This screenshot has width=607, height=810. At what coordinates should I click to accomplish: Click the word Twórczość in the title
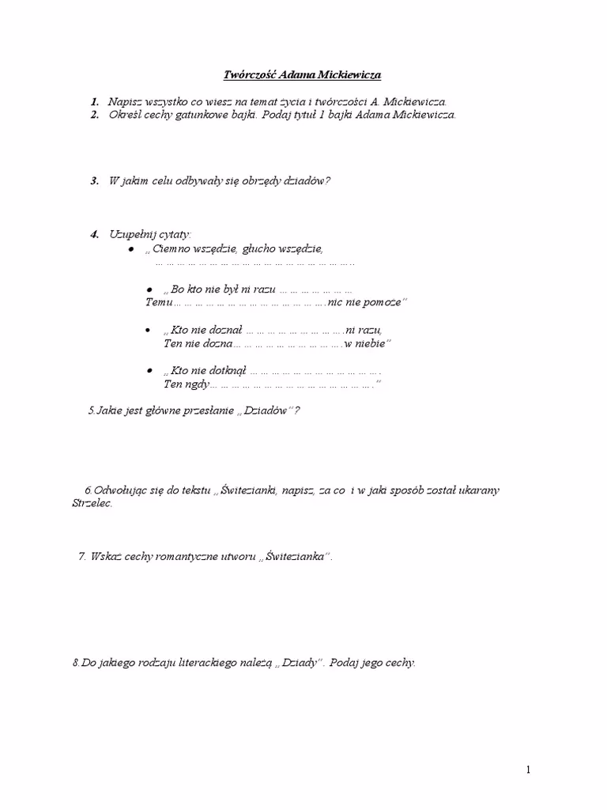[x=247, y=75]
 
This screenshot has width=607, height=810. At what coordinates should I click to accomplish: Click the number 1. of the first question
[x=94, y=102]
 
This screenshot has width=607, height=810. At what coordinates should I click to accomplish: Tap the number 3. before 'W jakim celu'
[x=94, y=180]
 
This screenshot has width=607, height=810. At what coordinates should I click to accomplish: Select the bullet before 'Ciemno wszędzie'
[x=132, y=248]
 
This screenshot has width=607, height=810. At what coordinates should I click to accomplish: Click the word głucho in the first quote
[x=250, y=248]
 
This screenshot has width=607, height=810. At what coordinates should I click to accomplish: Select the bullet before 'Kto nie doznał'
[x=148, y=329]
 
